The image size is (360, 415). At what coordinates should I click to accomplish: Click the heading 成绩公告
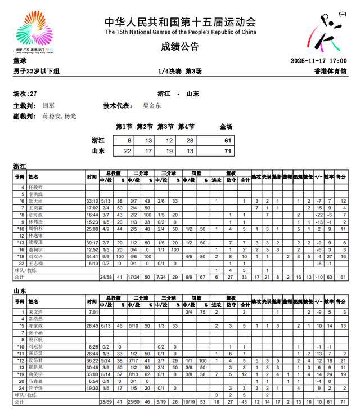coord(180,47)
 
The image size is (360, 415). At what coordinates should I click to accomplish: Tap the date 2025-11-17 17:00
coord(318,61)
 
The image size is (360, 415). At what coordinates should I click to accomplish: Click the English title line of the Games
coord(180,32)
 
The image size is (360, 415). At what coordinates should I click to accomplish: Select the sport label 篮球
coord(20,61)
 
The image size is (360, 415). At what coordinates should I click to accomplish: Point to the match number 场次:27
coord(25,93)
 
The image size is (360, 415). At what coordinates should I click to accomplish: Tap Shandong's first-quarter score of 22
coord(124,151)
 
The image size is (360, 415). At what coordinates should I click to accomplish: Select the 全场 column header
coord(226,127)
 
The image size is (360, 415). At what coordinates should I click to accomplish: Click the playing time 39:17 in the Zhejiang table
coord(92,242)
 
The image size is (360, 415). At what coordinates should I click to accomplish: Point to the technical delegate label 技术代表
coord(118,105)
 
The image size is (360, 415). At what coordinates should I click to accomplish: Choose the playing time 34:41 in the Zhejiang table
coord(92,256)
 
